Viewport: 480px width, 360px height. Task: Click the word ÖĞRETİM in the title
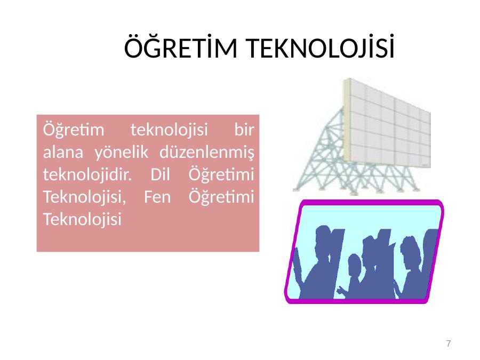pos(181,47)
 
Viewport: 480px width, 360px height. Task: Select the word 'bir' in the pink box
pos(244,130)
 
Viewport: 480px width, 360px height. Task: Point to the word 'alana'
pos(63,152)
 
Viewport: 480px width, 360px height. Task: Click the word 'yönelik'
pos(121,152)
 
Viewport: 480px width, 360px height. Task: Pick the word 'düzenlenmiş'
pos(207,152)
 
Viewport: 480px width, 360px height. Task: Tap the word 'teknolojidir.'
pos(87,174)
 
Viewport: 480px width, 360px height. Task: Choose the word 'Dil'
pos(160,174)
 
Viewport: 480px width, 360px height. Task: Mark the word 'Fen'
pos(157,197)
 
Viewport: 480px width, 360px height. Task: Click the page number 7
pos(449,343)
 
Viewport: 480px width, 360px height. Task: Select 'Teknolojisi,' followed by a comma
pos(84,197)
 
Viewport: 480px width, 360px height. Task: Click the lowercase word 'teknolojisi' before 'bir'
pos(169,130)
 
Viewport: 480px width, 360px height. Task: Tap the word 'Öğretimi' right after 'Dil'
pos(221,174)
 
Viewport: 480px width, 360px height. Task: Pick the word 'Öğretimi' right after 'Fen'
pos(221,197)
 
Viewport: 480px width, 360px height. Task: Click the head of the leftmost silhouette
pos(323,239)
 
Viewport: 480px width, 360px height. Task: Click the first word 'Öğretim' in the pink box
pos(74,130)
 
